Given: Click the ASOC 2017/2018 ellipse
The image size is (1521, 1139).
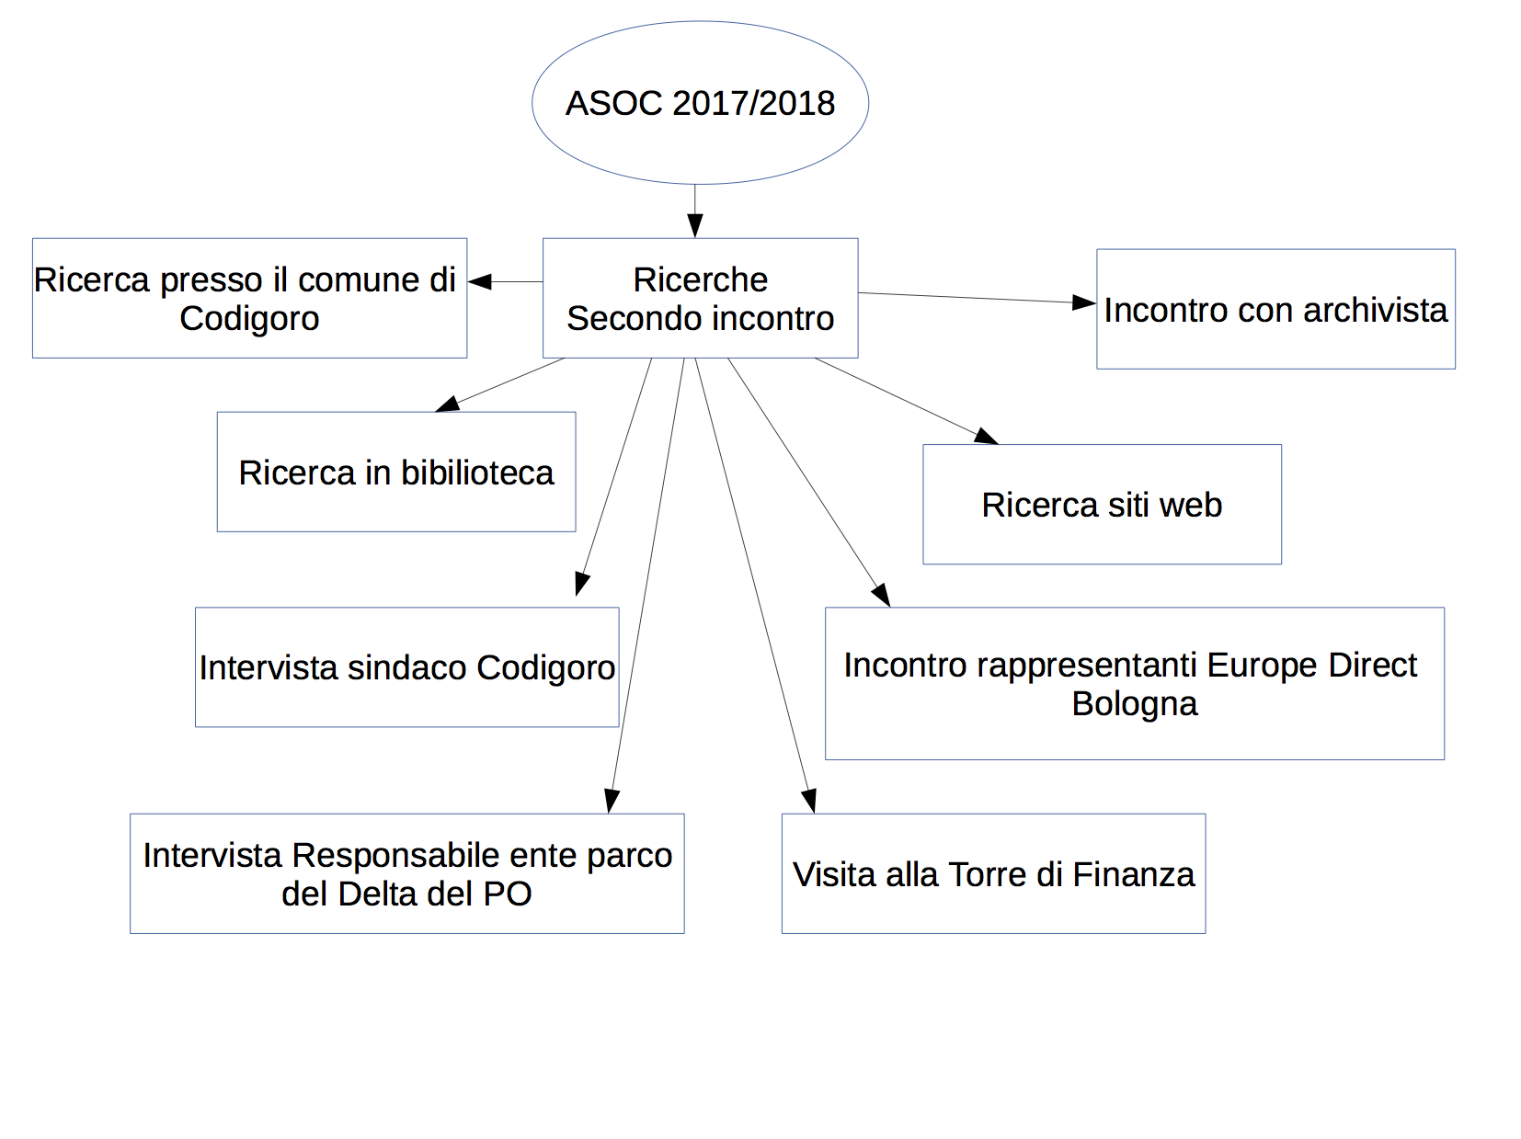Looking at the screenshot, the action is [700, 102].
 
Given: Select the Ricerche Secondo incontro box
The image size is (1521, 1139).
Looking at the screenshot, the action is [700, 298].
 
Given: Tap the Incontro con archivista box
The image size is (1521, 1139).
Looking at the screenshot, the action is [1275, 309].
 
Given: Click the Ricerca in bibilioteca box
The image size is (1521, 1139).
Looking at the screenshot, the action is [396, 472].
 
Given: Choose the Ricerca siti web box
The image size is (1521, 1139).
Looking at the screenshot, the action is [1102, 504].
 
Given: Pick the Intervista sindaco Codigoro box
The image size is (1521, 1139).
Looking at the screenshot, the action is [406, 666].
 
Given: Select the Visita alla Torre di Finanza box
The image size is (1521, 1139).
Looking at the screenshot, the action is [994, 873].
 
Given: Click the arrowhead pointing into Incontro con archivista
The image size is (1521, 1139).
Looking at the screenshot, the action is [1084, 302].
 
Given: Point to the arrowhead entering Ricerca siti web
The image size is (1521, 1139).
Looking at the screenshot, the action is [987, 437].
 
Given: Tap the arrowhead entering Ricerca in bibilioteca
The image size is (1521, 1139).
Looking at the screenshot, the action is [447, 404].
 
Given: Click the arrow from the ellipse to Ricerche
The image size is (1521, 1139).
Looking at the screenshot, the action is [695, 211].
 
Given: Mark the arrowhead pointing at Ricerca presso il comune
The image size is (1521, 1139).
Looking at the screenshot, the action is [479, 282].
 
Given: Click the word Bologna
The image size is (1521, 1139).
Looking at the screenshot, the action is [1135, 704].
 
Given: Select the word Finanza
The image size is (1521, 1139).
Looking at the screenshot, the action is [1134, 874].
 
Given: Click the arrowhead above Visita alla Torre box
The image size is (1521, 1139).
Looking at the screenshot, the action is [809, 801].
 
